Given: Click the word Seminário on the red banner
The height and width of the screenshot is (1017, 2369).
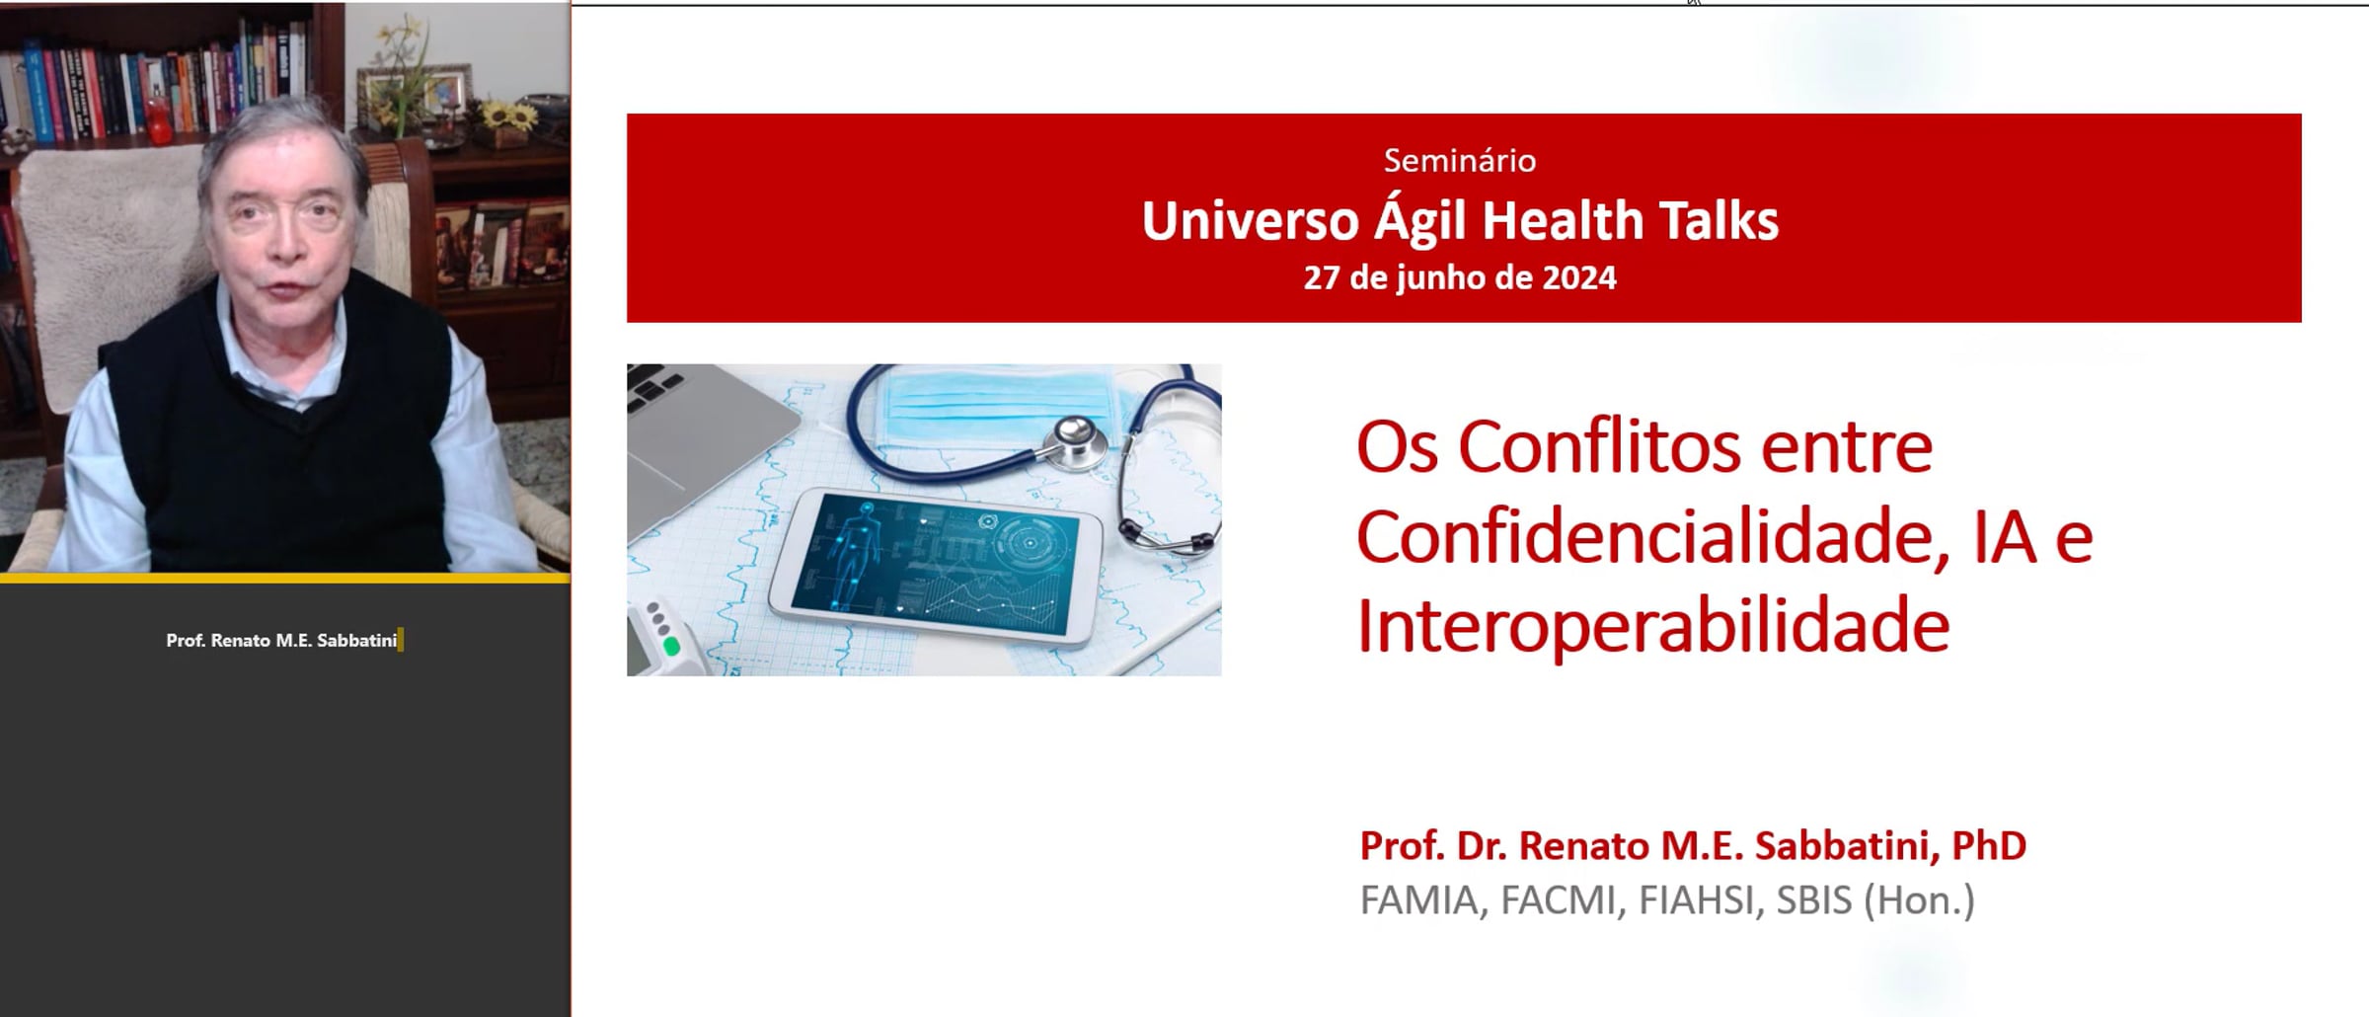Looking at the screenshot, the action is pyautogui.click(x=1460, y=161).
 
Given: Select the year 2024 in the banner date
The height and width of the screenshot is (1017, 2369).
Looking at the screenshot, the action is pyautogui.click(x=1579, y=277).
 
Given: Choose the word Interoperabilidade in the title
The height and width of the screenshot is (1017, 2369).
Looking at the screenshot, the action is pyautogui.click(x=1654, y=626).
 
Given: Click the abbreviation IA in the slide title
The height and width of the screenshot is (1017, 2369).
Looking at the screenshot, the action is pyautogui.click(x=2005, y=539).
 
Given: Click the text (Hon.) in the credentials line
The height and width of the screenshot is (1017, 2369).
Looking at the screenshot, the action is pyautogui.click(x=1919, y=900).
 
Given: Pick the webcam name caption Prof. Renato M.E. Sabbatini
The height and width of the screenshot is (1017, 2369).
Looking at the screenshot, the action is pyautogui.click(x=281, y=641).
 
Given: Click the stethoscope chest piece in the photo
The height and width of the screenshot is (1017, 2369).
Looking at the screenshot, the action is pyautogui.click(x=1075, y=440).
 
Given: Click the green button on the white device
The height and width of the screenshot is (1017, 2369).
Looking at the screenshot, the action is pyautogui.click(x=672, y=647).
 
